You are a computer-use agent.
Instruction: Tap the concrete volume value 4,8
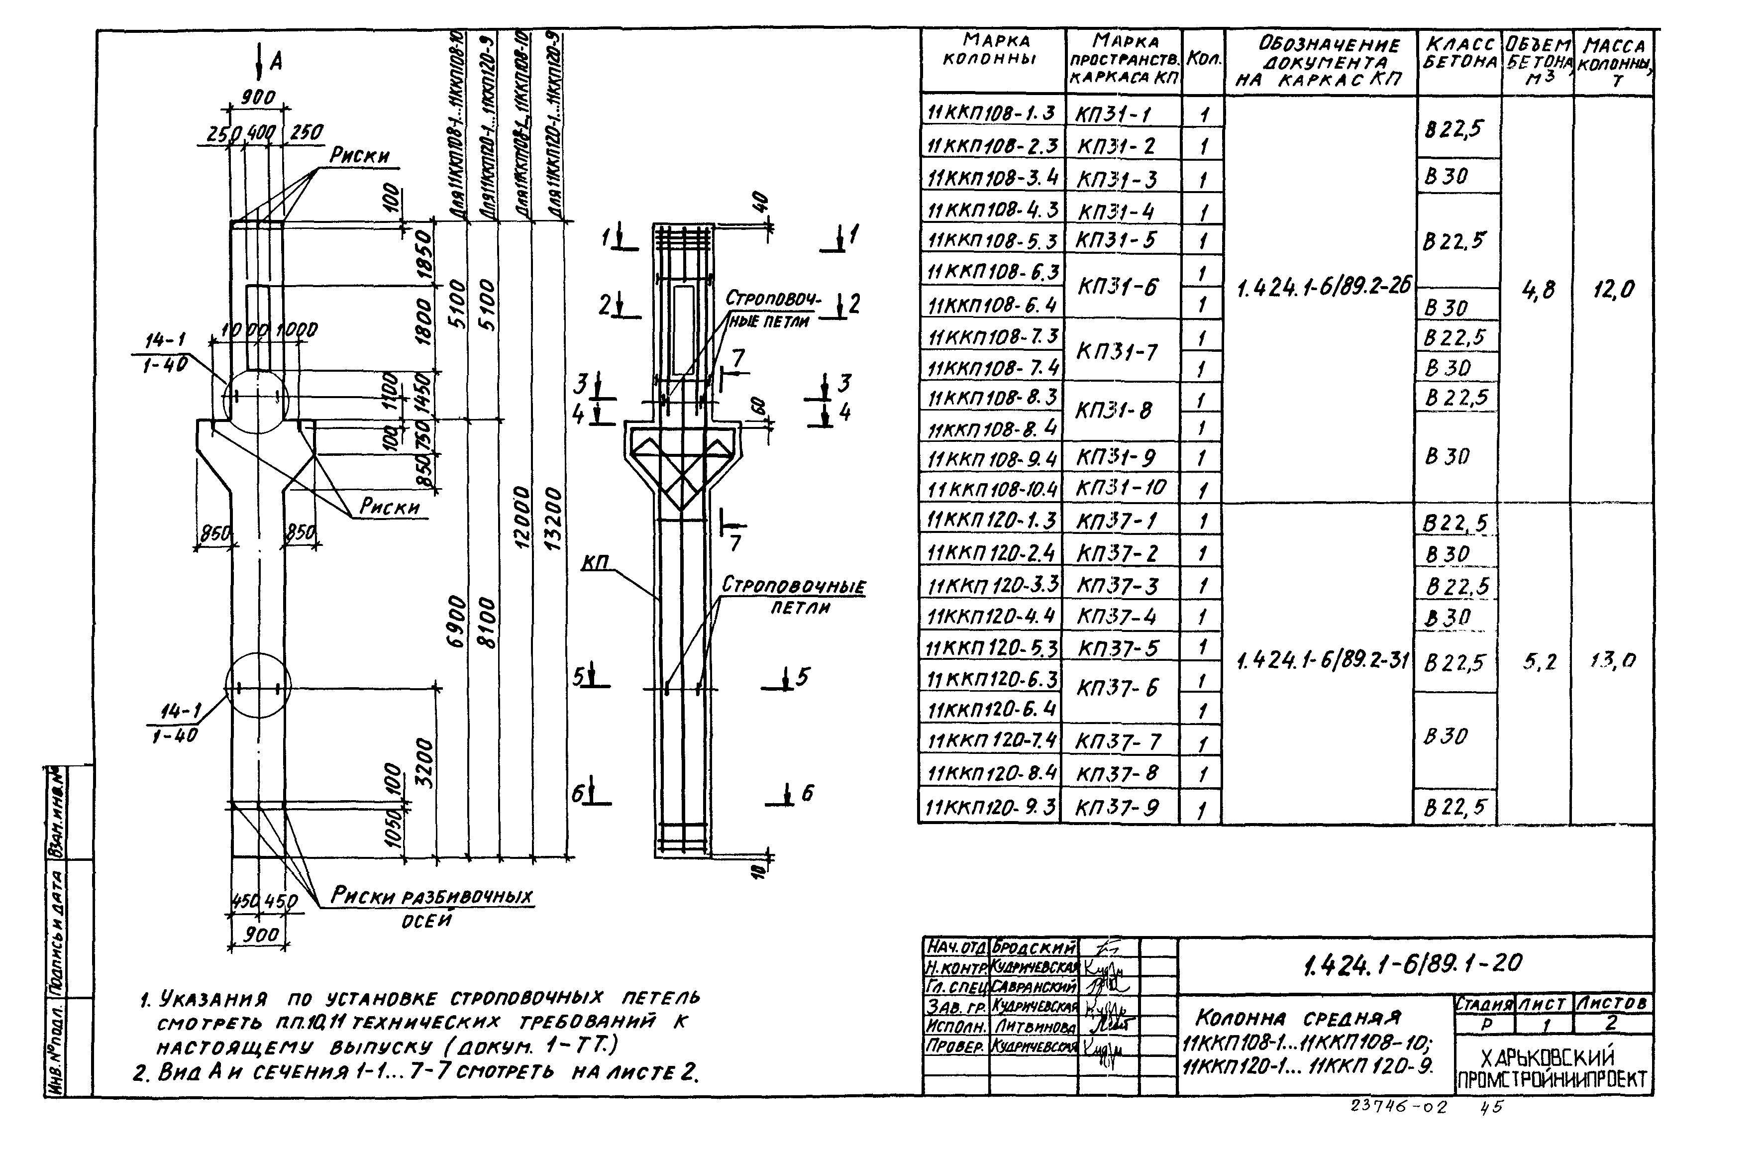tap(1538, 290)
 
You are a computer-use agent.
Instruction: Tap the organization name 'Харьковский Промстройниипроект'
tap(1554, 1068)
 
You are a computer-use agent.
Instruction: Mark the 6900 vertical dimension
tap(457, 621)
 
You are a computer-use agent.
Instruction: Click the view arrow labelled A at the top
tap(266, 61)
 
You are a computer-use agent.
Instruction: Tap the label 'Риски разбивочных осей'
tap(430, 906)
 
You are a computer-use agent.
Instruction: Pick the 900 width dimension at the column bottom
tap(261, 935)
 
